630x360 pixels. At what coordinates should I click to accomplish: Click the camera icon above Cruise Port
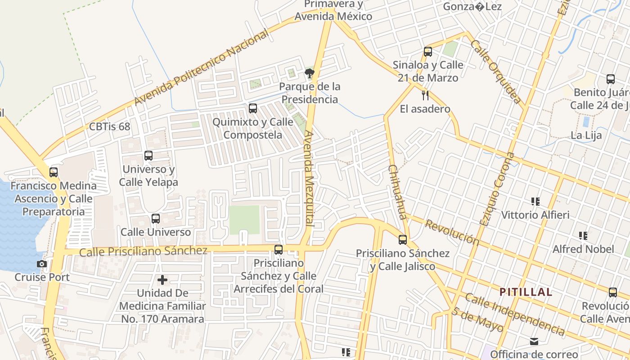[x=42, y=264]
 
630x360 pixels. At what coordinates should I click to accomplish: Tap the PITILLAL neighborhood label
[x=526, y=292]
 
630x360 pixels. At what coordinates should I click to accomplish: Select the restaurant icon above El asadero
[x=425, y=95]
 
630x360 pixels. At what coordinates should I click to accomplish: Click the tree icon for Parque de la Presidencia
[x=309, y=73]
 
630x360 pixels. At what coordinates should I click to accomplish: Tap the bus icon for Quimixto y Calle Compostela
[x=253, y=108]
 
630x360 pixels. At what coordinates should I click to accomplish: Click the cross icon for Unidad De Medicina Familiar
[x=162, y=280]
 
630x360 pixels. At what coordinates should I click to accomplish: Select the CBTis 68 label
[x=109, y=126]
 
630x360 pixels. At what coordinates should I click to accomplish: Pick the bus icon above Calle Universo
[x=156, y=219]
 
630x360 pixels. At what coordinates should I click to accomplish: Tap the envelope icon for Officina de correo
[x=534, y=342]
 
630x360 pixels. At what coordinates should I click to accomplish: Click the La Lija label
[x=586, y=135]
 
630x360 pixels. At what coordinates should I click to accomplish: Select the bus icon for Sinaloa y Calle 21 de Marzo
[x=428, y=52]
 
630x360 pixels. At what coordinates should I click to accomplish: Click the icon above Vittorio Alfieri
[x=535, y=202]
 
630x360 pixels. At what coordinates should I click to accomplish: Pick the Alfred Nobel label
[x=583, y=249]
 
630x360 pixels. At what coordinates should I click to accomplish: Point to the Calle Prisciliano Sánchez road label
[x=143, y=251]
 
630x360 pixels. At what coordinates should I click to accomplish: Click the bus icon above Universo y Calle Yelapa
[x=148, y=156]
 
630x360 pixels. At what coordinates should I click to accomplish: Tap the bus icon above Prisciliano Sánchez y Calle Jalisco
[x=403, y=240]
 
